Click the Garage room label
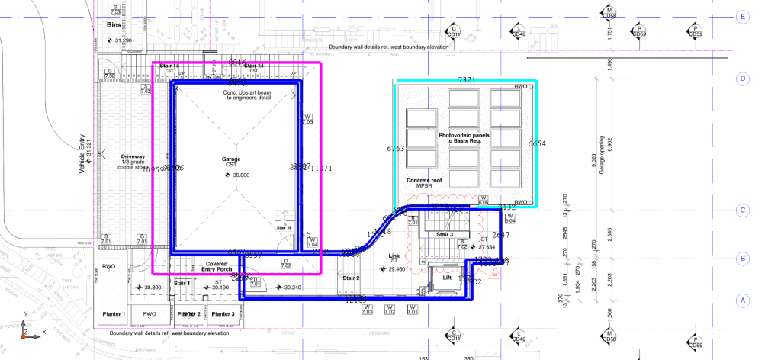point(231,159)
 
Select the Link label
point(393,256)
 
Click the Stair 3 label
point(445,235)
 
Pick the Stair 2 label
point(352,278)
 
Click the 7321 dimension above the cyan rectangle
point(466,80)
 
